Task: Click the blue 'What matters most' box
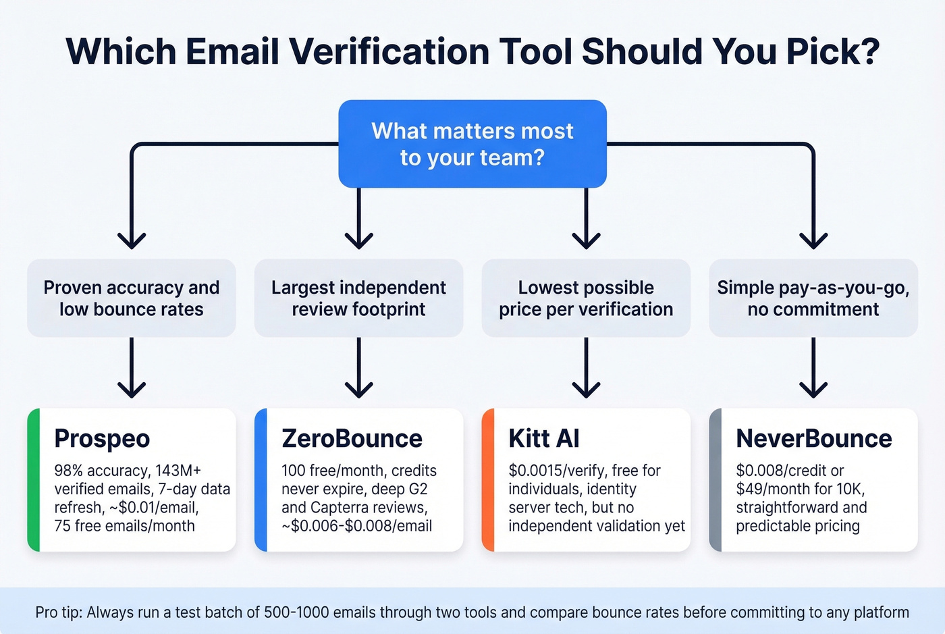(x=473, y=144)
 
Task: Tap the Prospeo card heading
(x=102, y=439)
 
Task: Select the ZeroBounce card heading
(x=352, y=438)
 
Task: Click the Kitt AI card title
(x=544, y=438)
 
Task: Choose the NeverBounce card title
(x=814, y=438)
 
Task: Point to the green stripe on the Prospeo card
(x=34, y=480)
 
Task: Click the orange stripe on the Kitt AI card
(x=488, y=480)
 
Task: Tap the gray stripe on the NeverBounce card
(x=715, y=480)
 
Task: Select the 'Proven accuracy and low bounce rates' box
(x=132, y=298)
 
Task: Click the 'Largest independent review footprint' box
(x=358, y=298)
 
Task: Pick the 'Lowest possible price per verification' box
(x=586, y=298)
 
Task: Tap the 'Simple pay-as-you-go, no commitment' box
(x=813, y=298)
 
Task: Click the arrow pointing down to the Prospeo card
(x=132, y=367)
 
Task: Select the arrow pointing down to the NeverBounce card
(x=813, y=367)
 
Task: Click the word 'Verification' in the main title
(x=390, y=51)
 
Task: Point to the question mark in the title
(x=868, y=51)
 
